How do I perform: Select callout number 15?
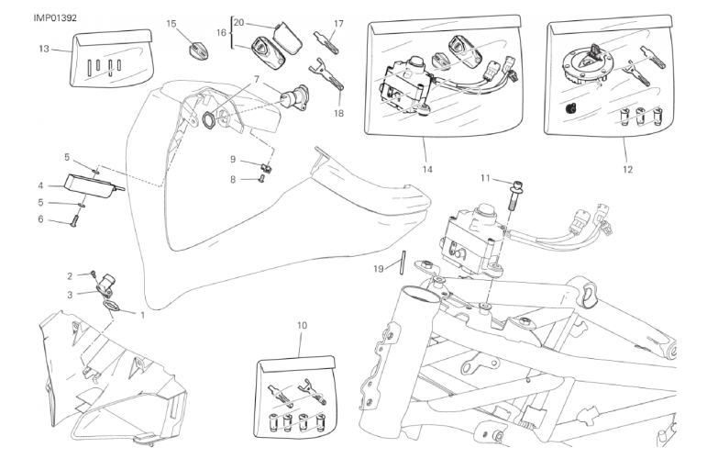click(x=171, y=23)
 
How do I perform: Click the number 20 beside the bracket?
click(x=238, y=21)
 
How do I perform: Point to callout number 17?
click(x=338, y=23)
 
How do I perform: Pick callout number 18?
click(x=338, y=113)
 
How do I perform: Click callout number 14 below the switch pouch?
click(x=426, y=170)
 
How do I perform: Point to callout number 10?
click(x=302, y=324)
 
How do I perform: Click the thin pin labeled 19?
click(x=403, y=262)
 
